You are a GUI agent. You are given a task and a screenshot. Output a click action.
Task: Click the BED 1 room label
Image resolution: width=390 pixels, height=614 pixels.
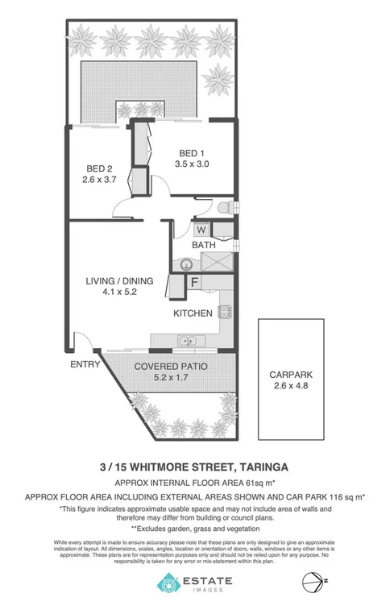(x=190, y=154)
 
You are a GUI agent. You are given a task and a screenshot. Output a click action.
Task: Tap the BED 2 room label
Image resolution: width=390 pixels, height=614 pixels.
(x=98, y=168)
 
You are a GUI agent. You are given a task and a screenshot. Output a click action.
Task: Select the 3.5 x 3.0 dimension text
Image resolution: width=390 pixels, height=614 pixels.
(x=190, y=165)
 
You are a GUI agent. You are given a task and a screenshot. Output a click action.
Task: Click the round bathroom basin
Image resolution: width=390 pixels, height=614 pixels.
(x=185, y=263)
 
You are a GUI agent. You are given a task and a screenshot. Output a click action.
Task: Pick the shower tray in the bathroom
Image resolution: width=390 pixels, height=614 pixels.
(x=217, y=262)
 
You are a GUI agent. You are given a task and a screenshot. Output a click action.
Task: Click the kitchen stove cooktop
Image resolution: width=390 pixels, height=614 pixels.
(x=226, y=311)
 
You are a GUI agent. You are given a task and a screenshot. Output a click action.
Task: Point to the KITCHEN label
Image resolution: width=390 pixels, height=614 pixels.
(x=193, y=313)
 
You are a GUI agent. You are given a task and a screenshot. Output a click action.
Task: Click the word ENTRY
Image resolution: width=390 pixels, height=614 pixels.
(x=85, y=364)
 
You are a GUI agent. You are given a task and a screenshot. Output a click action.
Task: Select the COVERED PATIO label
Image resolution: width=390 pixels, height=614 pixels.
(x=163, y=367)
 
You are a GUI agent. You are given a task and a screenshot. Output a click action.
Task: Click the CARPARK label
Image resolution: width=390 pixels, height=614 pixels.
(x=289, y=373)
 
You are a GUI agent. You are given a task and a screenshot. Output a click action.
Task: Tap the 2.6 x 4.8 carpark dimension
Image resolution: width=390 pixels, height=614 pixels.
(x=289, y=384)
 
